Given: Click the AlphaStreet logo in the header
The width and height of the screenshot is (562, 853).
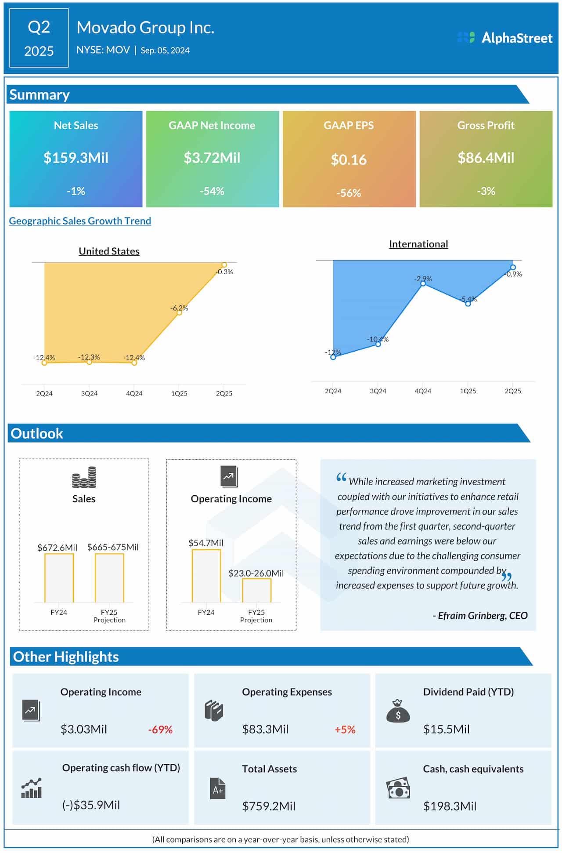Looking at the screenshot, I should coord(505,38).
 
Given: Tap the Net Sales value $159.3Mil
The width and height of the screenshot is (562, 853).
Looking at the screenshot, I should coord(76,158).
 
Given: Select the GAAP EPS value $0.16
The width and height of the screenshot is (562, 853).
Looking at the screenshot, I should coord(349,160).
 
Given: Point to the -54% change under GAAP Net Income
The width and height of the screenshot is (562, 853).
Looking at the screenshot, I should coord(212,191).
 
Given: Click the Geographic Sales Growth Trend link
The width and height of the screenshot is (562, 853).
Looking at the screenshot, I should coord(80,221).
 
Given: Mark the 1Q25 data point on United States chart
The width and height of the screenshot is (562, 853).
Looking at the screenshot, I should coord(179,312).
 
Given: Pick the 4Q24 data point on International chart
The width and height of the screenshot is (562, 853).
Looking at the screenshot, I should coord(423,284).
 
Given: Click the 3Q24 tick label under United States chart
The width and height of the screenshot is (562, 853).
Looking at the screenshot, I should coord(89,393).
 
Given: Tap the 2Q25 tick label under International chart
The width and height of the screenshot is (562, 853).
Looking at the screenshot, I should coord(513,391).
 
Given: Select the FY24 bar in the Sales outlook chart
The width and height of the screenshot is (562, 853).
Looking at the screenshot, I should coord(59,578).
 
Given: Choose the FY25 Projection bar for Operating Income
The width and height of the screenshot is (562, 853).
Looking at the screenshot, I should coord(256,591).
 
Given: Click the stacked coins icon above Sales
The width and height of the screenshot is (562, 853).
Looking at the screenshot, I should coord(84,478).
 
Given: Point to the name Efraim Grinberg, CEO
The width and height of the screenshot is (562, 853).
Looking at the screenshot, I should coord(480,615).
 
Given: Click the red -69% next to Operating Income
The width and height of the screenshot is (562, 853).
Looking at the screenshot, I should coord(160,730).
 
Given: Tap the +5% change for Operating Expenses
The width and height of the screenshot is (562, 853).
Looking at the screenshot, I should coord(345,730).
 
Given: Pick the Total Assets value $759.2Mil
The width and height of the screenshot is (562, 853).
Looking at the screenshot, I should coord(269,806).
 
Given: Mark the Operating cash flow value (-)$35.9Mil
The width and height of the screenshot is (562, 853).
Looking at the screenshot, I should coord(91,805).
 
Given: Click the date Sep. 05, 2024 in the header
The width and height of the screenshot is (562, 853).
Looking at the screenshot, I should coord(165,51).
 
